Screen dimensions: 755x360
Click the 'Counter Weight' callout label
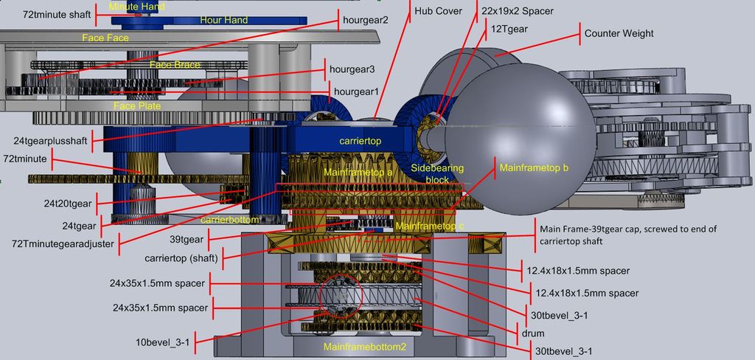pyautogui.click(x=619, y=34)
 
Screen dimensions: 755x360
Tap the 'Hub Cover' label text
pyautogui.click(x=439, y=11)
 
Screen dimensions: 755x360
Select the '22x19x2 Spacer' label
pyautogui.click(x=517, y=11)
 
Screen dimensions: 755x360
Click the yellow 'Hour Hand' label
pyautogui.click(x=224, y=20)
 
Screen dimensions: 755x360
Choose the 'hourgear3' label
pyautogui.click(x=352, y=69)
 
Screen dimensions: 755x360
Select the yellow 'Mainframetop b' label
pyautogui.click(x=534, y=168)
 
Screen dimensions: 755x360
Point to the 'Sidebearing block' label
pyautogui.click(x=438, y=173)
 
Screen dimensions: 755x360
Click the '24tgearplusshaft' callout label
pyautogui.click(x=51, y=141)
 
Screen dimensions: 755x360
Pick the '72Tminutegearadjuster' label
pyautogui.click(x=63, y=244)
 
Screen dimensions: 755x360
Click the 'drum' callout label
pyautogui.click(x=533, y=333)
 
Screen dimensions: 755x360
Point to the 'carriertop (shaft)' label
pyautogui.click(x=181, y=258)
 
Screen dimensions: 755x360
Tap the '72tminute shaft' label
pyautogui.click(x=56, y=14)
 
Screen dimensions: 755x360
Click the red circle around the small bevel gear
pyautogui.click(x=341, y=296)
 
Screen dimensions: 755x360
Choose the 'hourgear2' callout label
pyautogui.click(x=366, y=21)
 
